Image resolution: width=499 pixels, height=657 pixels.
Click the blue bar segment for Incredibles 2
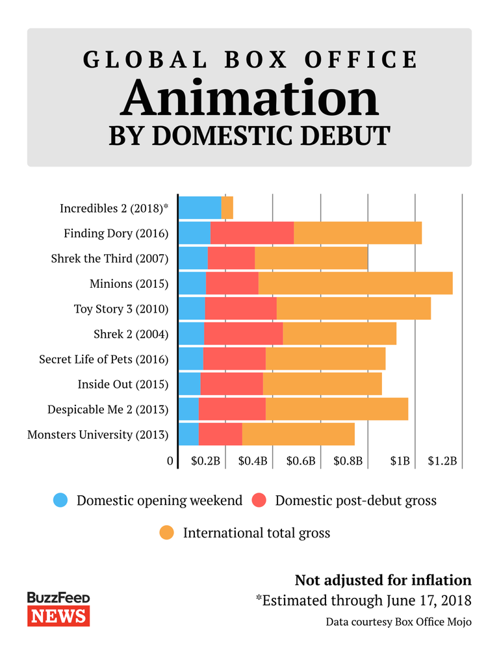(199, 207)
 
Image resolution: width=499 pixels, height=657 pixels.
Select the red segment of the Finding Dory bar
(252, 233)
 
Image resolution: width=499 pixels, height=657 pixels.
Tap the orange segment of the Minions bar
(355, 283)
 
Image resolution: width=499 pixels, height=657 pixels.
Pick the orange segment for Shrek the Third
(311, 258)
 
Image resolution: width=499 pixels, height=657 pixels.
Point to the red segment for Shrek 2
(243, 334)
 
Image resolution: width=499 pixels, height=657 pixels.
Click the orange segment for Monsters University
(298, 434)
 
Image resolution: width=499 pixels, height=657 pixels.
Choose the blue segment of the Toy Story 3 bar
(192, 309)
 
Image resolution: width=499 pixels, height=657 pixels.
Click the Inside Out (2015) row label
(123, 384)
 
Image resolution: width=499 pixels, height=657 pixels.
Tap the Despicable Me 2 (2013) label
(108, 409)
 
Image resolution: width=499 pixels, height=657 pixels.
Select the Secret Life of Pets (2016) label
(103, 359)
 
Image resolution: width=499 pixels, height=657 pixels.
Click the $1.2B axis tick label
(442, 461)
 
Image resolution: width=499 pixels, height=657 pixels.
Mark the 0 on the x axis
(170, 461)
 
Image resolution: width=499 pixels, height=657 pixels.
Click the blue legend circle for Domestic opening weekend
(61, 500)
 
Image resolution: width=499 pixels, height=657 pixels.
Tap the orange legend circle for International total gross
(167, 533)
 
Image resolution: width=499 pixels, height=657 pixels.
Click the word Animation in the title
(249, 99)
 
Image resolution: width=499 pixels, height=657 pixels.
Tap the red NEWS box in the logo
(58, 615)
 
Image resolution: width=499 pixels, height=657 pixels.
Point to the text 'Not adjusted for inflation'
(383, 580)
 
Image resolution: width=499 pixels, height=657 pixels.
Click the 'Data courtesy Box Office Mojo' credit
(398, 622)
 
